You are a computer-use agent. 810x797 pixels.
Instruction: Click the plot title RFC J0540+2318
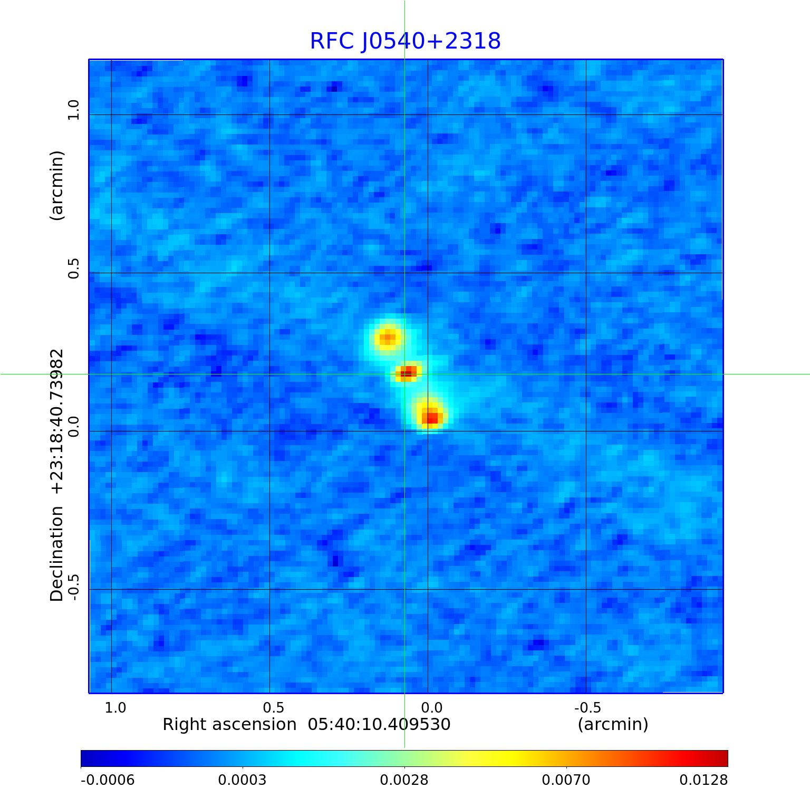pos(405,41)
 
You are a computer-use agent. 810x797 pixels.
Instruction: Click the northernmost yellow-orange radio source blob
pos(388,338)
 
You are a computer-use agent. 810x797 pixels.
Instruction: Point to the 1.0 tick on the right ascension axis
pos(115,707)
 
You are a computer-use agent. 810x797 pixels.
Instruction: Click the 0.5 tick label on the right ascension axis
pos(273,707)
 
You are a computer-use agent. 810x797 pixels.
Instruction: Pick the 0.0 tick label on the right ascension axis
pos(431,707)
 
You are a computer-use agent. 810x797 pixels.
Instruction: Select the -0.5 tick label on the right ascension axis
pos(587,707)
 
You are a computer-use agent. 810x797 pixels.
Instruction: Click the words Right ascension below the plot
pos(229,724)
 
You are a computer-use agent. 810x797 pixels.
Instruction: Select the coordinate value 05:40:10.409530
pos(379,724)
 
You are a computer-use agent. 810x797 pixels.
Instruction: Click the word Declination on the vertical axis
pos(56,554)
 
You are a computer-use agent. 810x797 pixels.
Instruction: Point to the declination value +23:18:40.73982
pos(56,421)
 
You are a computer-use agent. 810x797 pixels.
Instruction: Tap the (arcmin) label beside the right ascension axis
pos(613,724)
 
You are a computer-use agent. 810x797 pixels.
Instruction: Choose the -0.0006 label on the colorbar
pos(108,780)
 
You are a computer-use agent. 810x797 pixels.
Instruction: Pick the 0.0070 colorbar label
pos(566,780)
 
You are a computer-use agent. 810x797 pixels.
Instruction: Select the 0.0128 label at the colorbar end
pos(703,780)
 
